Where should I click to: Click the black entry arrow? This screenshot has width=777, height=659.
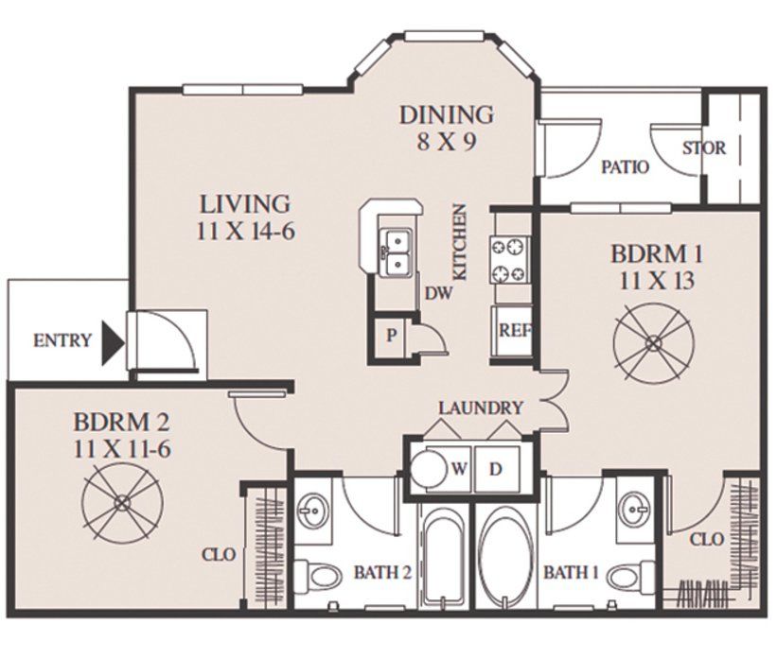coord(112,342)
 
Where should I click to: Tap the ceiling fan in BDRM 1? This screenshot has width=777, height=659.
coord(653,342)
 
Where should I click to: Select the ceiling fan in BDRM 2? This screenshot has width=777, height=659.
coord(122,503)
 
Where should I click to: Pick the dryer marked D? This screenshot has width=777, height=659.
coord(497,469)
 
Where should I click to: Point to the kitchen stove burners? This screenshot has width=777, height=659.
coord(510,259)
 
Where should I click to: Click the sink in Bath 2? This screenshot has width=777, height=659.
coord(313,510)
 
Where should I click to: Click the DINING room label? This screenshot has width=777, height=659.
coord(447,114)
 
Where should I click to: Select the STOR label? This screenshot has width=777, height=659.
coord(704,148)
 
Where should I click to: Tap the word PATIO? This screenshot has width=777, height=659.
coord(625,167)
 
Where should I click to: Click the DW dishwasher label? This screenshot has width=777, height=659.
coord(438,294)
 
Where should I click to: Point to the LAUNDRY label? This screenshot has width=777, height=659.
coord(481,408)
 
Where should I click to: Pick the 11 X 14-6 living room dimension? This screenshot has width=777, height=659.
coord(245,232)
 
